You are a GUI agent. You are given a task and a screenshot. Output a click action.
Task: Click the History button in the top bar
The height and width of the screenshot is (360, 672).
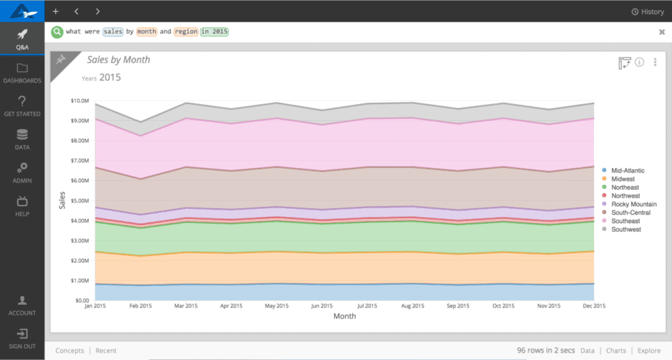pyautogui.click(x=648, y=11)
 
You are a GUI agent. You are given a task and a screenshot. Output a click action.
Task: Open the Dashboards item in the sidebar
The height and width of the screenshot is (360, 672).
pyautogui.click(x=22, y=73)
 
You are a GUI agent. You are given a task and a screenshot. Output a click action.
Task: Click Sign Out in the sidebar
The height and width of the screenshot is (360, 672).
pyautogui.click(x=22, y=338)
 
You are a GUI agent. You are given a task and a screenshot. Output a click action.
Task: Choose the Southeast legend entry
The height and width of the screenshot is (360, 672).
pyautogui.click(x=625, y=221)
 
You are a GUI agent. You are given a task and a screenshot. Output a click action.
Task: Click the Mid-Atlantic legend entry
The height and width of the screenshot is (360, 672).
pyautogui.click(x=627, y=171)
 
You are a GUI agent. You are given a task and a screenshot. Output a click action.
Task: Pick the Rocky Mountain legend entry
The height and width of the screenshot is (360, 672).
pyautogui.click(x=633, y=204)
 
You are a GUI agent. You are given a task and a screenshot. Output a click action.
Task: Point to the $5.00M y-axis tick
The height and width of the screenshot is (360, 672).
pyautogui.click(x=79, y=201)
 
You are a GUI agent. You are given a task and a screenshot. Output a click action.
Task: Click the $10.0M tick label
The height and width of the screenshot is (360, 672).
pyautogui.click(x=79, y=101)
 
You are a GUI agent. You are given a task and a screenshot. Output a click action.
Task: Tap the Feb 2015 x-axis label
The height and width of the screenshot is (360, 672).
pyautogui.click(x=141, y=306)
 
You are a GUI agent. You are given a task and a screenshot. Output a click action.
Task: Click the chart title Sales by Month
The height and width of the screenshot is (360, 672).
pyautogui.click(x=118, y=60)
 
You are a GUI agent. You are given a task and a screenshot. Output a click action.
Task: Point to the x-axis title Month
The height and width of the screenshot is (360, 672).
pyautogui.click(x=345, y=316)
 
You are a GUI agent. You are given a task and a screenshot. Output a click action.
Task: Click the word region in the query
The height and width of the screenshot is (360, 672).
pyautogui.click(x=185, y=32)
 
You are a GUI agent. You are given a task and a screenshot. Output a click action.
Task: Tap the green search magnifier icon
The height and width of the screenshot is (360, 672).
pyautogui.click(x=57, y=32)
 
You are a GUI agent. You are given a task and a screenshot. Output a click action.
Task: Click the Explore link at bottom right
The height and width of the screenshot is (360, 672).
pyautogui.click(x=648, y=351)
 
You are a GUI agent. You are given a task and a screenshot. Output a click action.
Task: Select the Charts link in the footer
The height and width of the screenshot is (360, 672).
pyautogui.click(x=616, y=351)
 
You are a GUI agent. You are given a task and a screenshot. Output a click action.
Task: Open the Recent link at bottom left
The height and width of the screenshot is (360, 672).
pyautogui.click(x=106, y=351)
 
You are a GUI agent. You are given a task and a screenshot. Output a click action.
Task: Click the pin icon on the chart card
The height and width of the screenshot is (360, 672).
pyautogui.click(x=60, y=60)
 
